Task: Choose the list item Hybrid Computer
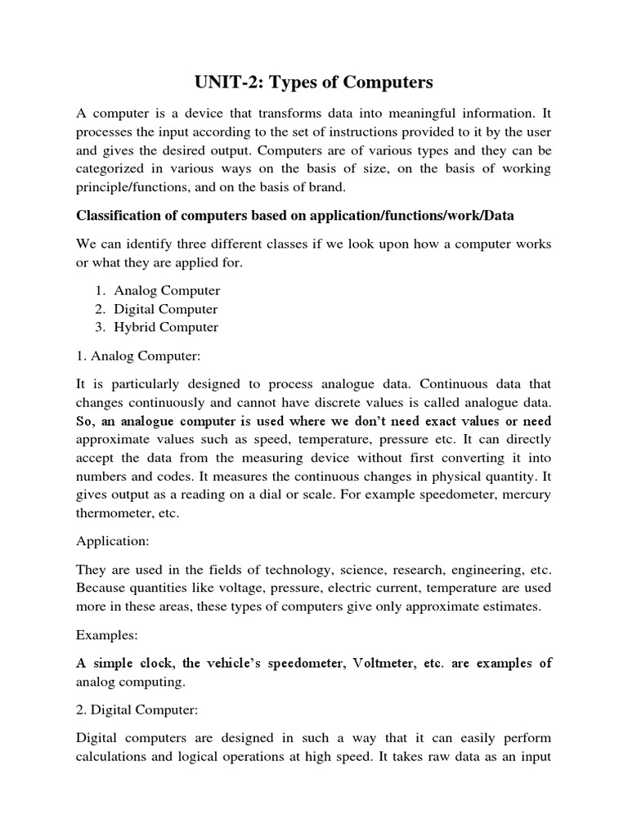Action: click(166, 327)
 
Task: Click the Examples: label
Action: click(106, 635)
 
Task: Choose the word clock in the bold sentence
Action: click(164, 663)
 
